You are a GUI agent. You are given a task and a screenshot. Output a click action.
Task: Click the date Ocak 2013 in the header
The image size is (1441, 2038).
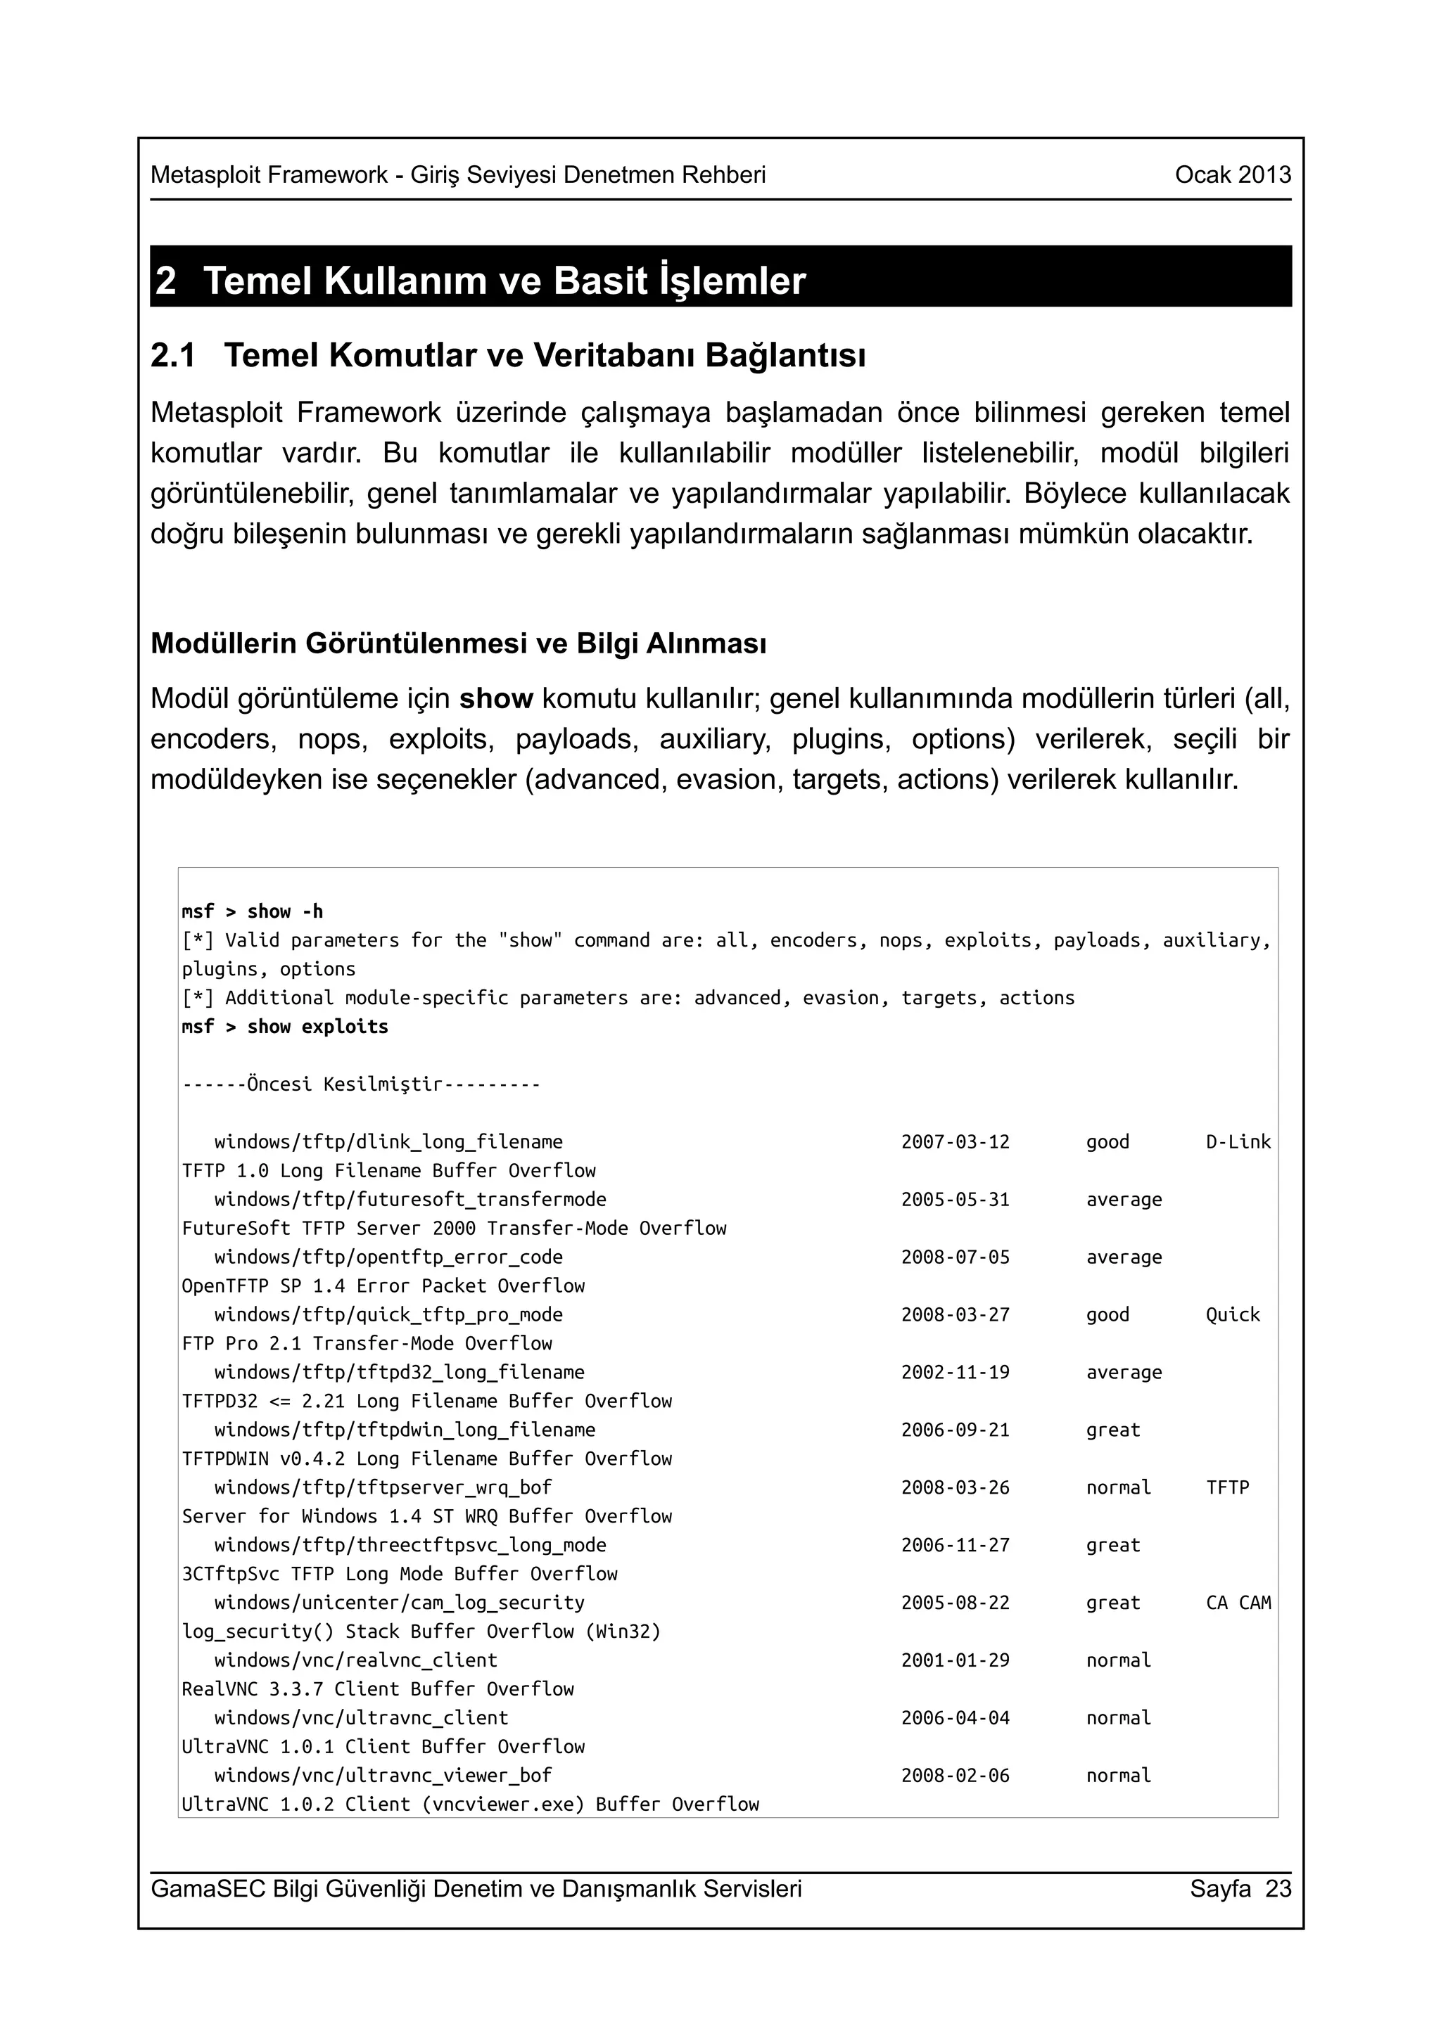[1232, 175]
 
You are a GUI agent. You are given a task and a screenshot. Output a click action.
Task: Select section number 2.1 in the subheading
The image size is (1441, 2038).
[173, 356]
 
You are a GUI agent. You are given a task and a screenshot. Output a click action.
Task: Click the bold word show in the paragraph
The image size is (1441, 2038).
[495, 700]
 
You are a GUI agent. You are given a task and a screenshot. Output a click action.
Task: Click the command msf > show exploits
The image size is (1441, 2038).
[285, 1027]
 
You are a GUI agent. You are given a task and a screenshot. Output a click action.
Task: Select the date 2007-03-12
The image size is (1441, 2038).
[956, 1142]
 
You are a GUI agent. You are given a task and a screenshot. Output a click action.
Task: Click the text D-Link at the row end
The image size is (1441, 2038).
[1238, 1142]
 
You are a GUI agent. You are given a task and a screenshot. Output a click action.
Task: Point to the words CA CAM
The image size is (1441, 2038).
[1238, 1603]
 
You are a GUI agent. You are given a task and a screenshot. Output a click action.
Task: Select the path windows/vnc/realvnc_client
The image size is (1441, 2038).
[355, 1661]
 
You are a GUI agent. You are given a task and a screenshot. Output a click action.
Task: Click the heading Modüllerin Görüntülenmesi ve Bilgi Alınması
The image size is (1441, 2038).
[458, 643]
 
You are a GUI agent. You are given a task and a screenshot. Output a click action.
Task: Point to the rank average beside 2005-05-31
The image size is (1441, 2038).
[1124, 1200]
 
